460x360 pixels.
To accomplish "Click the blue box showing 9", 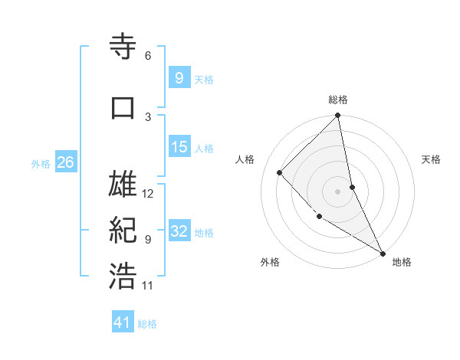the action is [x=179, y=77].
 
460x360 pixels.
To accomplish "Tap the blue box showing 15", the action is [x=179, y=147].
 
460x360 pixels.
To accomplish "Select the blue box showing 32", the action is [x=179, y=232].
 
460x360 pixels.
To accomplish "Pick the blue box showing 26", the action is [x=65, y=162].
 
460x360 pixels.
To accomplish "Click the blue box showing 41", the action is [x=123, y=322].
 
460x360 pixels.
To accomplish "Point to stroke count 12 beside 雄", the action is [x=148, y=194].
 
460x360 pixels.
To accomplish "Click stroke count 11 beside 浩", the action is [x=148, y=285].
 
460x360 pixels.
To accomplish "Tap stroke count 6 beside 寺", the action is [x=147, y=56].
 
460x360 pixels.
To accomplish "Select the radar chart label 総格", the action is [x=338, y=100].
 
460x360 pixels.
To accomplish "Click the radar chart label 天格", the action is [x=431, y=159].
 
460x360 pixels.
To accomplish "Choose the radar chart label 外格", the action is [x=270, y=262].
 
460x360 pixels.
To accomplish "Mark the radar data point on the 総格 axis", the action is [x=338, y=116].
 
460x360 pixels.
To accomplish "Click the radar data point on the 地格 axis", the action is [x=383, y=252].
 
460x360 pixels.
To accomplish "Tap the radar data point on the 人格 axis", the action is [x=280, y=172].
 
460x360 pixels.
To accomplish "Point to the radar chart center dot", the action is [x=338, y=191].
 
